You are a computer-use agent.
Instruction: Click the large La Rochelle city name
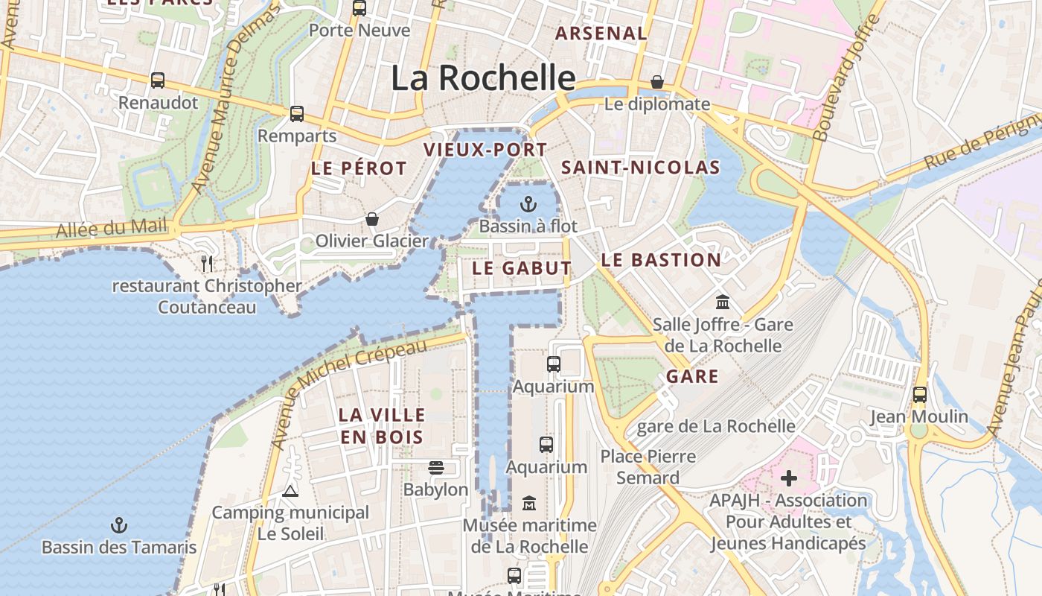(483, 77)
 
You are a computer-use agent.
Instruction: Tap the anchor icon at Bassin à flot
(528, 203)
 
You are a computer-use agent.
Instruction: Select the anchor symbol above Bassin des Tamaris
(118, 525)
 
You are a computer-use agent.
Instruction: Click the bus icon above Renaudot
(158, 80)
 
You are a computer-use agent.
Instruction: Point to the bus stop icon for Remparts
(297, 114)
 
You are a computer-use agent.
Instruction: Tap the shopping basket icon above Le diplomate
(657, 81)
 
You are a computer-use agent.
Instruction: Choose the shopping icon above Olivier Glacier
(371, 219)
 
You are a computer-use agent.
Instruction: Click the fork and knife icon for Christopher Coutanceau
(207, 263)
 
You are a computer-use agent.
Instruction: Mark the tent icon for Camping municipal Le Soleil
(290, 491)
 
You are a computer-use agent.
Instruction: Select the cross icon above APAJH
(788, 478)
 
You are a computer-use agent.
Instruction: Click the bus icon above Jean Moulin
(920, 394)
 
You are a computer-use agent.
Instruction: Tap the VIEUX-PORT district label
(485, 149)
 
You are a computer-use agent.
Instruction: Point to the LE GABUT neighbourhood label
(522, 268)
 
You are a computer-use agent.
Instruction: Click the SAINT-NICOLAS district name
(640, 168)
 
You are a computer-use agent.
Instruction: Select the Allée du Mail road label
(112, 229)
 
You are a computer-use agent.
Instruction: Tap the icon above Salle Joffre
(722, 302)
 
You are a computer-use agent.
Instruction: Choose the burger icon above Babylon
(436, 468)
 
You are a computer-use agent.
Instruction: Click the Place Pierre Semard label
(648, 466)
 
